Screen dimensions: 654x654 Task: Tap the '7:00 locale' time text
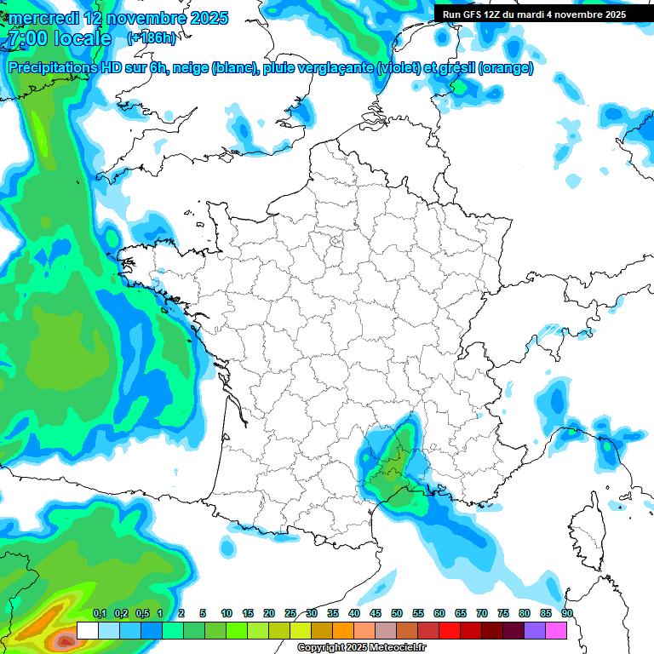pyautogui.click(x=58, y=38)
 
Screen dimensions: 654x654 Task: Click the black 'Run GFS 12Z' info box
pyautogui.click(x=534, y=14)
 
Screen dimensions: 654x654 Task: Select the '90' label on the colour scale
pyautogui.click(x=567, y=613)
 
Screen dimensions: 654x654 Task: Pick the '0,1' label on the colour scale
pyautogui.click(x=99, y=613)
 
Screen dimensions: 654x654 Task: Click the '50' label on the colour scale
pyautogui.click(x=397, y=613)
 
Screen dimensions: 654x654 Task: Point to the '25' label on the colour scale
pyautogui.click(x=290, y=613)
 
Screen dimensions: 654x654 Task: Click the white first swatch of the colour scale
pyautogui.click(x=87, y=630)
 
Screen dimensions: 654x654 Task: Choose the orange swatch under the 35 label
pyautogui.click(x=343, y=630)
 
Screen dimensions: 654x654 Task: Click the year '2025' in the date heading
pyautogui.click(x=205, y=18)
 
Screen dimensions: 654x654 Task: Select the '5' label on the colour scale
pyautogui.click(x=203, y=613)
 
